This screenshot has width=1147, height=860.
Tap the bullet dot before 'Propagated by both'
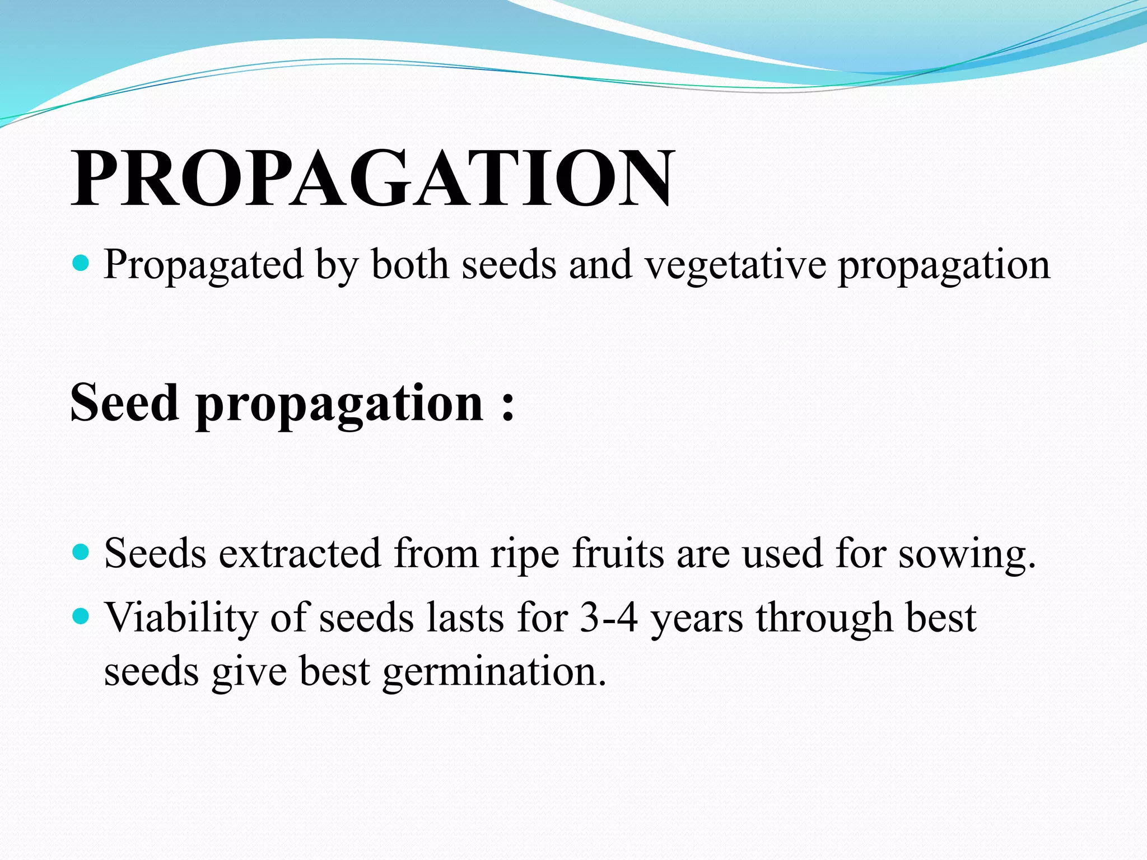[82, 263]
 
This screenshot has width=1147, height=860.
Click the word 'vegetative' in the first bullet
[735, 265]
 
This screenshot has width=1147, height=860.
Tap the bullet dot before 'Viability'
[82, 616]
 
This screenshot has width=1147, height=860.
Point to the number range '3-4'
[609, 618]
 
